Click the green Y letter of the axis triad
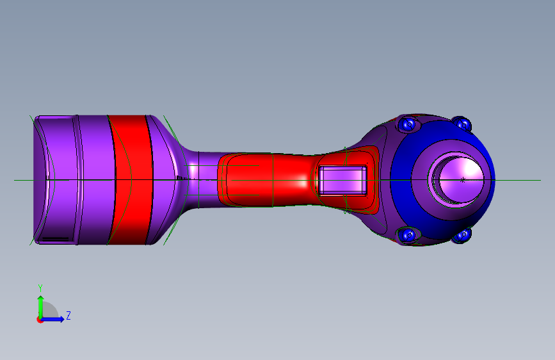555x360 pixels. click(x=40, y=288)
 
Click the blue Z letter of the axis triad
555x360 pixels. click(x=68, y=315)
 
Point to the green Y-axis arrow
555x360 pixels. click(x=41, y=307)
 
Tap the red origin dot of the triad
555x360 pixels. click(x=40, y=320)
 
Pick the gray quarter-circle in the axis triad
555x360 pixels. click(x=49, y=310)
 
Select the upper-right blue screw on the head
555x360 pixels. click(x=462, y=124)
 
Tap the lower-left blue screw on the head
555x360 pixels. click(x=408, y=235)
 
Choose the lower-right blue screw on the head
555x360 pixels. click(x=462, y=235)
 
